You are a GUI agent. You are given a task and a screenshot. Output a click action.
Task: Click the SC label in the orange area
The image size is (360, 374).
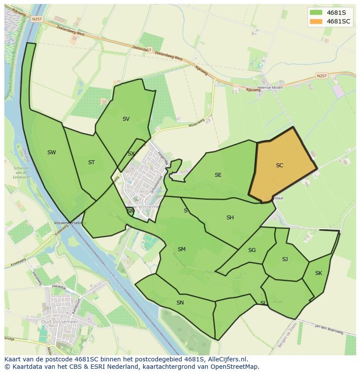[280, 165]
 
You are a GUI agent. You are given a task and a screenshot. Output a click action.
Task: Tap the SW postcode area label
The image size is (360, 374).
[52, 152]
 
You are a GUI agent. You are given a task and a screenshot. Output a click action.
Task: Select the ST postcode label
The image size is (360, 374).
[91, 162]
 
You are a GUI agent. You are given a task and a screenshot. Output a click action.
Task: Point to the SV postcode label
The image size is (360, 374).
[126, 119]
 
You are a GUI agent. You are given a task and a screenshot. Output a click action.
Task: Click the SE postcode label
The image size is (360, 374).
[218, 175]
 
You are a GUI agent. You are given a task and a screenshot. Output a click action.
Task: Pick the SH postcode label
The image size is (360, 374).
[230, 218]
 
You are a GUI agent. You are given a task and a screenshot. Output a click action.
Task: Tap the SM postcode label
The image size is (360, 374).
[182, 249]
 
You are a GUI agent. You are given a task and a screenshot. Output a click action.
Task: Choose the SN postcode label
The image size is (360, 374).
[180, 302]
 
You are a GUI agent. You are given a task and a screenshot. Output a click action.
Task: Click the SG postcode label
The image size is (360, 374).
[252, 250]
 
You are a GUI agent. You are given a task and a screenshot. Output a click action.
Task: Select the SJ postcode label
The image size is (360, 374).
[285, 259]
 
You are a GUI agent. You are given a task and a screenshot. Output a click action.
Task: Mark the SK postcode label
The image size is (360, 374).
[319, 273]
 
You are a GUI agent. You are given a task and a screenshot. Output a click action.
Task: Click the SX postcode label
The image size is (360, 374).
[131, 154]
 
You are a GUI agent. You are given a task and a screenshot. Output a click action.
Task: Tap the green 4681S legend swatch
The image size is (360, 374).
[316, 12]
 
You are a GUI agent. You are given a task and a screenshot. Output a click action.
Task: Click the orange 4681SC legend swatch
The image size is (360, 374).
[316, 21]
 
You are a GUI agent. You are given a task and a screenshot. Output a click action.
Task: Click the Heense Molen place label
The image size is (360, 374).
[270, 88]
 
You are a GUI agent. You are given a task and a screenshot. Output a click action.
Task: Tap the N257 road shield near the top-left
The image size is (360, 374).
[37, 19]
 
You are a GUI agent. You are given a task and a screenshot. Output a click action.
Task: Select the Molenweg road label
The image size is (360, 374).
[197, 123]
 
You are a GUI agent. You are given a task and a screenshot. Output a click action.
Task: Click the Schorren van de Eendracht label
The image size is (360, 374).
[21, 173]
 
